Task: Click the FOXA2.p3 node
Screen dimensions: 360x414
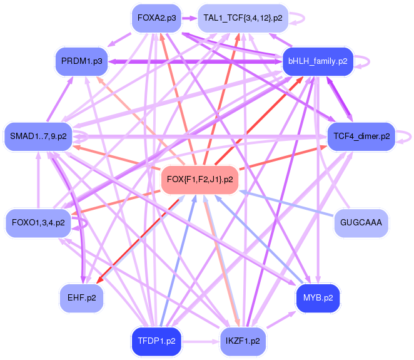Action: [x=156, y=18]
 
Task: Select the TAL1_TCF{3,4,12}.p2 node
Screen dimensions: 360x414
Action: [x=243, y=18]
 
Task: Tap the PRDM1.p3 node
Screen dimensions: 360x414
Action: [x=82, y=61]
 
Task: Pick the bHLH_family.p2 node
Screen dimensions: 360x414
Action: [x=318, y=61]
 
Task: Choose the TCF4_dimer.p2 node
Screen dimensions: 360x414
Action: [x=361, y=135]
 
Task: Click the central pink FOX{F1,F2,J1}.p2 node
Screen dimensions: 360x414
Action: [x=200, y=180]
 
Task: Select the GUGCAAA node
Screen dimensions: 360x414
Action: [x=361, y=222]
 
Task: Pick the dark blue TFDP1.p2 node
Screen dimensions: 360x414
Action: [x=156, y=342]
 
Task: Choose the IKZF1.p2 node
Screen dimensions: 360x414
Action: [x=243, y=342]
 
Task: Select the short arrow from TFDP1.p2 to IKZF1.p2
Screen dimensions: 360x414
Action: [x=199, y=342]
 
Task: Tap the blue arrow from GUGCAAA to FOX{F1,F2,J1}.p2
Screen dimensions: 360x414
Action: [x=281, y=202]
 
